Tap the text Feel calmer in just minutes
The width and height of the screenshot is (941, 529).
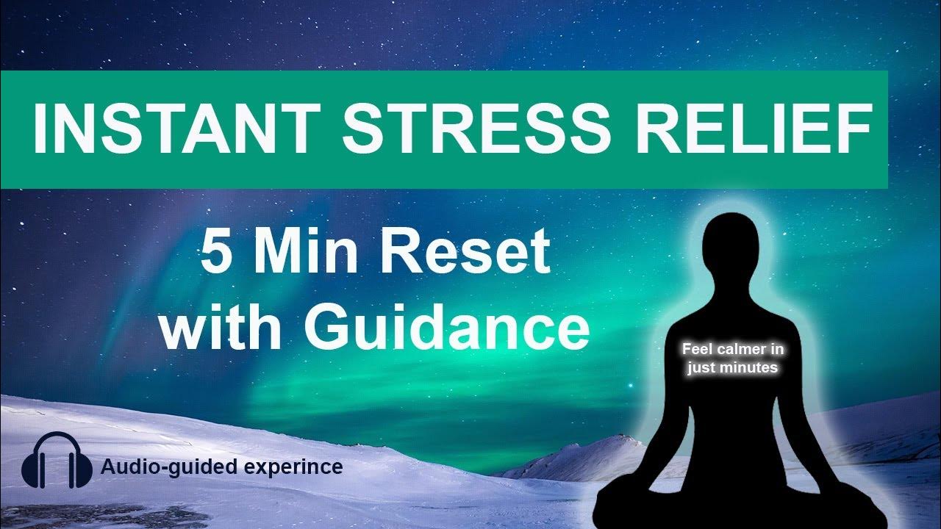[732, 360]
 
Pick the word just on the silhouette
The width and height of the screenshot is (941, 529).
[701, 368]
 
